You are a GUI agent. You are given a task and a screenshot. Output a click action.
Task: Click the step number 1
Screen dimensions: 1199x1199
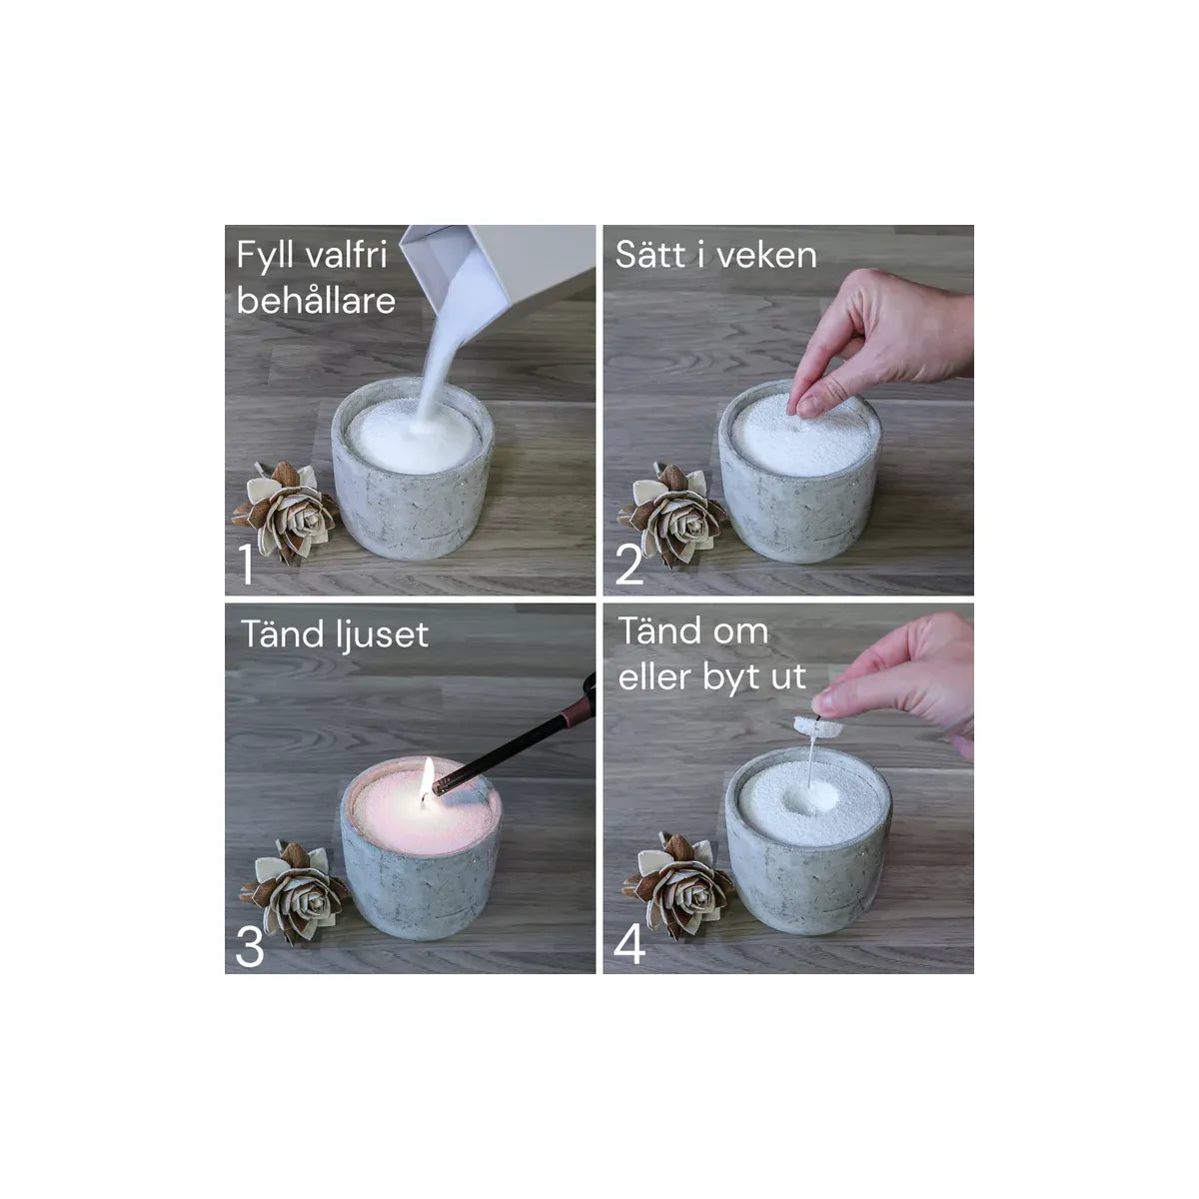point(247,564)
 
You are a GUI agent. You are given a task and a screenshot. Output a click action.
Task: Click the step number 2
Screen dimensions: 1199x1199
point(629,565)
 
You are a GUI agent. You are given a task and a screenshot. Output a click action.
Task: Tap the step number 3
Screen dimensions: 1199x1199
point(250,946)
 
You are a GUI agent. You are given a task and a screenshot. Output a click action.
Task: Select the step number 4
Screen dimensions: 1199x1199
point(629,944)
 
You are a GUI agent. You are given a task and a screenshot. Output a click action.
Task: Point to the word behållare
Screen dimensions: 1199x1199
point(316,301)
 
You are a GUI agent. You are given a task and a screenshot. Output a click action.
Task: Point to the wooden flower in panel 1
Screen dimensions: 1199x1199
point(286,512)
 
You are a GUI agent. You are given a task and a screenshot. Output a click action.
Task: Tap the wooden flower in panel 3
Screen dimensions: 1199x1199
point(295,891)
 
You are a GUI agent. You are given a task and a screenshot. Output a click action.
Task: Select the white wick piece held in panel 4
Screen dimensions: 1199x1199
point(817,726)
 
